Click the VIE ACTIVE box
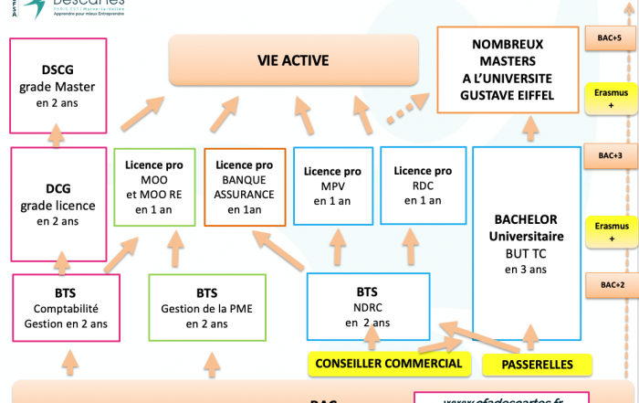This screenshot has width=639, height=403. (x=293, y=61)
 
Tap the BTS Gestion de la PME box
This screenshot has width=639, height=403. (x=205, y=307)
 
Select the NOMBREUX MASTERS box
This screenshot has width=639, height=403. (x=508, y=69)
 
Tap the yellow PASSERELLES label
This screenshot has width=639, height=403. (x=539, y=365)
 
